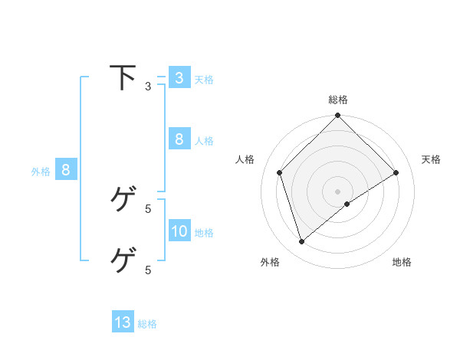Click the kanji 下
[x=122, y=78]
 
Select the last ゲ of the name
[x=122, y=260]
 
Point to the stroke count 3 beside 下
[x=148, y=87]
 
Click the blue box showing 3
[x=179, y=78]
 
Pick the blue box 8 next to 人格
[x=179, y=139]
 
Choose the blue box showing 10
[x=179, y=231]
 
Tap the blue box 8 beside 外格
[x=66, y=170]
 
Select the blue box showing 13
[x=123, y=322]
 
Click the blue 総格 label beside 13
[x=147, y=324]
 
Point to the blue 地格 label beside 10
[x=204, y=232]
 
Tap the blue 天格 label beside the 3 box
[x=204, y=79]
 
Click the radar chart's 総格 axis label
[x=338, y=100]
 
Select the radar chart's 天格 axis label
[x=431, y=159]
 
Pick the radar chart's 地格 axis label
[x=402, y=262]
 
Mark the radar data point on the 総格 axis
[x=338, y=116]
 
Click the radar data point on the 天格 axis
[x=396, y=172]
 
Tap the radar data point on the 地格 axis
[x=347, y=204]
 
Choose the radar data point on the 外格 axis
[x=302, y=242]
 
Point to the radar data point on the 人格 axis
[x=280, y=172]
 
